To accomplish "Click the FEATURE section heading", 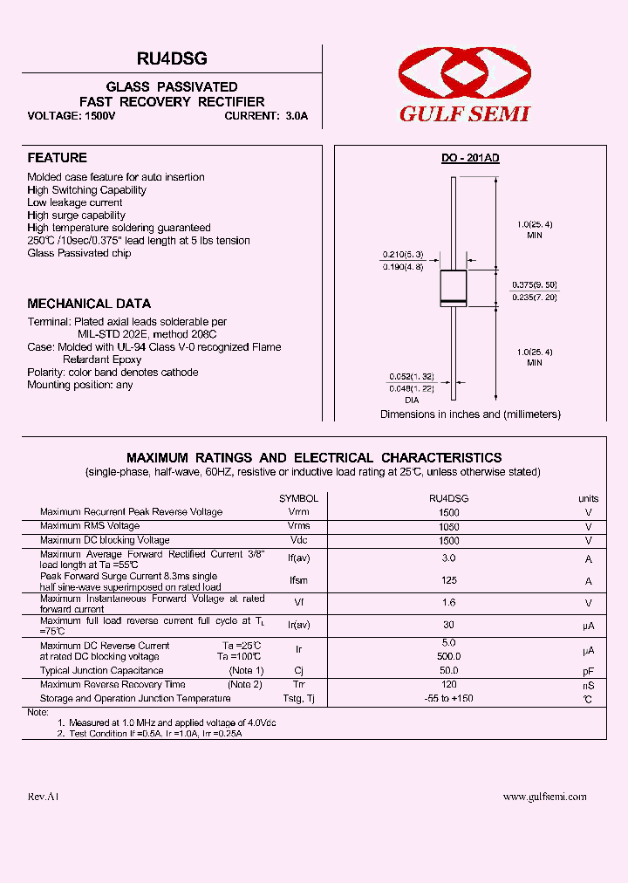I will [58, 158].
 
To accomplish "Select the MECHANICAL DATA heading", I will [89, 304].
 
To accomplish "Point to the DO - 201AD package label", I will [469, 158].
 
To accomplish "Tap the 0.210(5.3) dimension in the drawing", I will [402, 255].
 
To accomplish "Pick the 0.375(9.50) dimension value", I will [535, 285].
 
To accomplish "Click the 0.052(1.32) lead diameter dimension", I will [411, 376].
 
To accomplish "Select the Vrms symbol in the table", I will [298, 526].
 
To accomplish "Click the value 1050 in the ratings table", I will [449, 527].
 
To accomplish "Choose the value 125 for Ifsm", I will [449, 581].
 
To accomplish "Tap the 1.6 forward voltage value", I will [449, 603].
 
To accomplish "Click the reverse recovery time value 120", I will [449, 685].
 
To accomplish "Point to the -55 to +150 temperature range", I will [449, 699].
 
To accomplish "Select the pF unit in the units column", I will [589, 671].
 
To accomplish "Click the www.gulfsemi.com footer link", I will [545, 797].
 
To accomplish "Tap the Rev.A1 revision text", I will [43, 797].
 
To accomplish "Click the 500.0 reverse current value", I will [449, 656].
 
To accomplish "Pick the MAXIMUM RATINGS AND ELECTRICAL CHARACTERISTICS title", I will [314, 457].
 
